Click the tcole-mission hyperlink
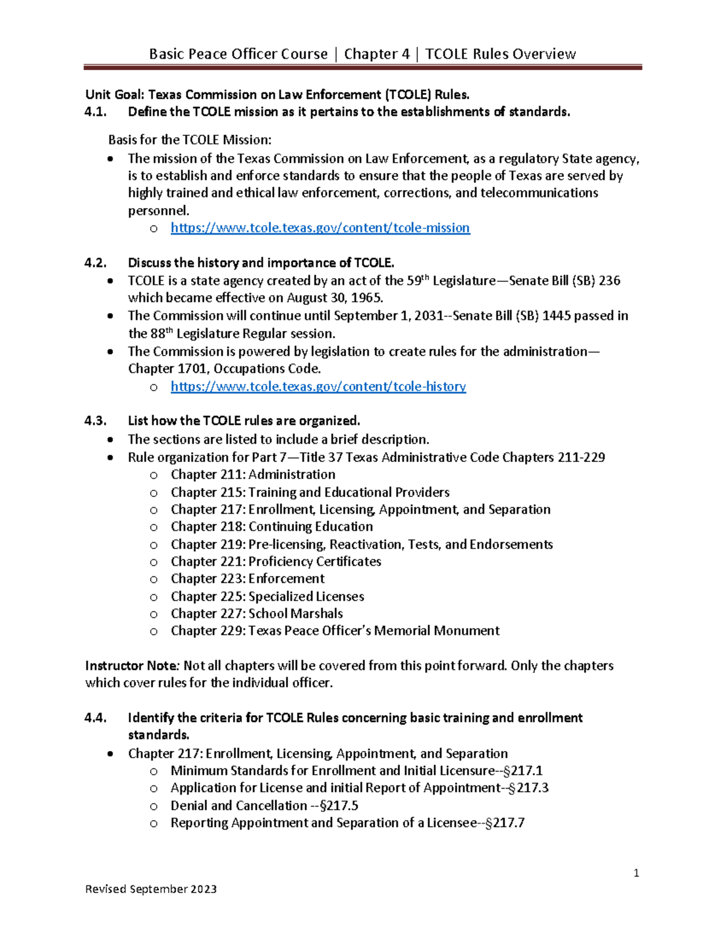point(320,228)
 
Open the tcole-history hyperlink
point(318,386)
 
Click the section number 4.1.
point(96,112)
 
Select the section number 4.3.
point(96,421)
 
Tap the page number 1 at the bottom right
point(636,872)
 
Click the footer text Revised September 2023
point(151,889)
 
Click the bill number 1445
point(557,316)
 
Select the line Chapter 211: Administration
point(253,475)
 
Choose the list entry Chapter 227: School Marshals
point(257,614)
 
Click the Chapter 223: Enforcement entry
point(247,579)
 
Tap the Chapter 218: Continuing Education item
point(272,527)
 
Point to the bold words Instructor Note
point(131,666)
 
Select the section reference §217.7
point(505,823)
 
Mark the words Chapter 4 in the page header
point(376,54)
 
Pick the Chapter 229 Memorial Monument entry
point(335,631)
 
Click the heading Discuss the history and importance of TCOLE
point(261,263)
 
